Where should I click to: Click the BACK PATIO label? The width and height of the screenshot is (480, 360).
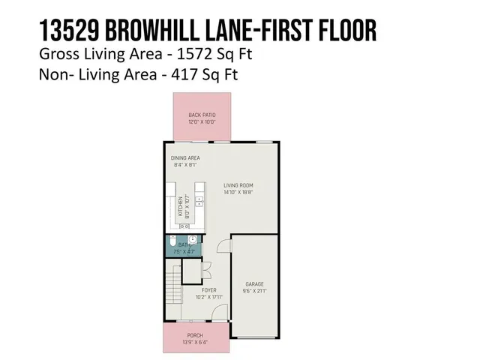click(x=202, y=115)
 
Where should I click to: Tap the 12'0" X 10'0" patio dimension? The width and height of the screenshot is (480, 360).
click(x=202, y=121)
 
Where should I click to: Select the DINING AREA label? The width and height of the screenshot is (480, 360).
click(x=185, y=157)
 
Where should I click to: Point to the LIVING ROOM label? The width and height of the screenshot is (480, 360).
click(x=239, y=185)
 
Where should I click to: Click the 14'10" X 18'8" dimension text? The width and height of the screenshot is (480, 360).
click(x=239, y=192)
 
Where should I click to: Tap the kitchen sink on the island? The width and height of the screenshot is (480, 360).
click(x=199, y=202)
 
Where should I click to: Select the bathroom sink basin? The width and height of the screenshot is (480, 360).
click(x=192, y=239)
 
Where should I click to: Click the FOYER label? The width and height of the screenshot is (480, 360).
click(x=209, y=289)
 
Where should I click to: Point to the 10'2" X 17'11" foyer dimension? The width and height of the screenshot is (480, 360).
click(x=209, y=295)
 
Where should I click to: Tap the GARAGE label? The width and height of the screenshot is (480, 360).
click(x=254, y=284)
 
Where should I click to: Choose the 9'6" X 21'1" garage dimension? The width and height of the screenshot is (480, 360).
click(x=254, y=291)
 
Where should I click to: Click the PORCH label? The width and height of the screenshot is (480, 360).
click(x=195, y=335)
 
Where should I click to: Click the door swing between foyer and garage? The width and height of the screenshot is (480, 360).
click(x=223, y=247)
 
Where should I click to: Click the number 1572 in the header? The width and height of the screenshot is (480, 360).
click(x=208, y=54)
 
